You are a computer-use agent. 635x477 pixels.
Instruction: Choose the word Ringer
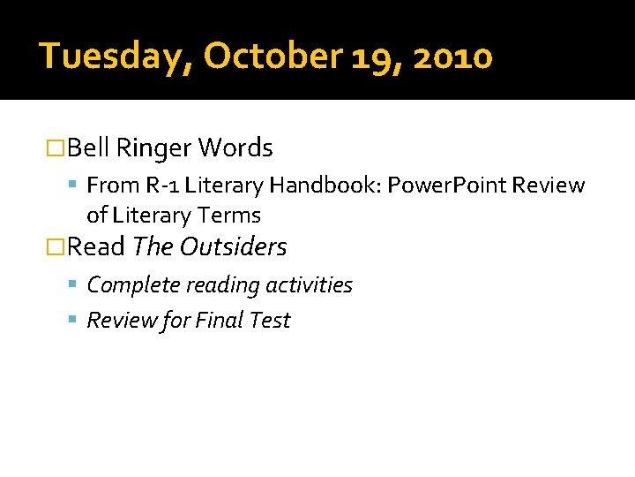click(x=154, y=148)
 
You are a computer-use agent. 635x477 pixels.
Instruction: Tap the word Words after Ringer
click(x=235, y=148)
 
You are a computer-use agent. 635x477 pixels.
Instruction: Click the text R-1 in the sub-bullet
click(x=160, y=185)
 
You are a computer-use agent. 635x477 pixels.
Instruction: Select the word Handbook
click(x=318, y=185)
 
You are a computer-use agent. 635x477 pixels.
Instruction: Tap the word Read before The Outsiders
click(x=96, y=247)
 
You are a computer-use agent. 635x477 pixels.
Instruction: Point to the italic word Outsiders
click(x=234, y=247)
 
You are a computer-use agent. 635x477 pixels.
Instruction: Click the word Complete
click(x=129, y=285)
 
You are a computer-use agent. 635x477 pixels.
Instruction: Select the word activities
click(x=310, y=285)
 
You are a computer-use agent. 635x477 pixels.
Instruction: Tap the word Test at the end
click(x=270, y=321)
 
